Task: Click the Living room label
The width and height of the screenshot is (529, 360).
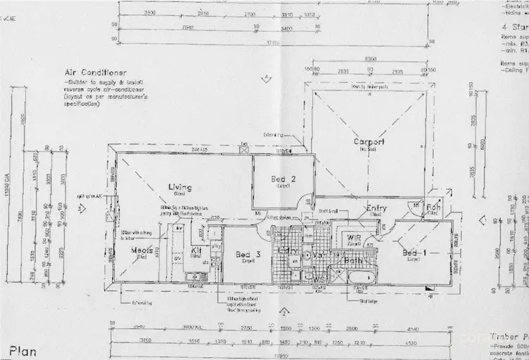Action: [180, 187]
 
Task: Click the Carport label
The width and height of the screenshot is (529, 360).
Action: [368, 142]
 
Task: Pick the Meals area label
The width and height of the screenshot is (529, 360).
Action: [142, 250]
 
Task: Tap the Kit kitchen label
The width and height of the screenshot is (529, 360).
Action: [197, 251]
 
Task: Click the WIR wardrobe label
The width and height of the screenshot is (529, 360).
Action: [353, 239]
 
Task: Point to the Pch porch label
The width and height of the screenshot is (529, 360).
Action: [434, 208]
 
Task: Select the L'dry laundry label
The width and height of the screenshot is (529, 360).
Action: [287, 251]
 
